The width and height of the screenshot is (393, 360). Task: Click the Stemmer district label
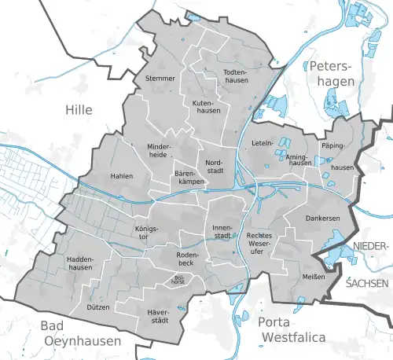[160, 79]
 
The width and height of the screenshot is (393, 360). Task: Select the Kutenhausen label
[204, 108]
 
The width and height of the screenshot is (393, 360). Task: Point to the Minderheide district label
[163, 150]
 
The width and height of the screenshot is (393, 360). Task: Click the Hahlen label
[122, 176]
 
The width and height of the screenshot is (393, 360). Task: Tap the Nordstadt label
[218, 167]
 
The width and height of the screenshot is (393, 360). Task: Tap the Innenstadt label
[222, 231]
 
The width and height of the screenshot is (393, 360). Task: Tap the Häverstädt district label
[159, 316]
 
